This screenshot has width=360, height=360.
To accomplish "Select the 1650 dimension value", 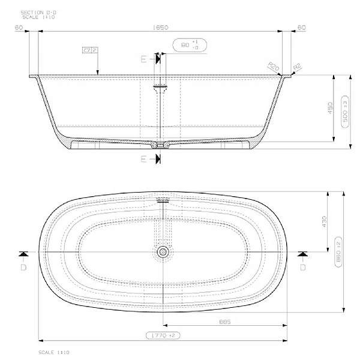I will [163, 28].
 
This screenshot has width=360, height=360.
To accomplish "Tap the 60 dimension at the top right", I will [302, 28].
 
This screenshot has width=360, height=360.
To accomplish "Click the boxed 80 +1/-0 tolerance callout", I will [190, 46].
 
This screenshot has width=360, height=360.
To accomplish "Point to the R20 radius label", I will [274, 67].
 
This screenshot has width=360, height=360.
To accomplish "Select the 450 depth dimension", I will [329, 109].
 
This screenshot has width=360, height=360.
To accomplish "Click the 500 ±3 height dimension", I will [344, 110].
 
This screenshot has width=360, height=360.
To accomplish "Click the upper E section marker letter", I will [143, 58].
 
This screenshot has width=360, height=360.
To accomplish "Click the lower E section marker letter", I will [143, 159].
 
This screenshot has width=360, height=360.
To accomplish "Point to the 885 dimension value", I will [224, 322].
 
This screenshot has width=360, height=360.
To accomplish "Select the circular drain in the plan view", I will [162, 253].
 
